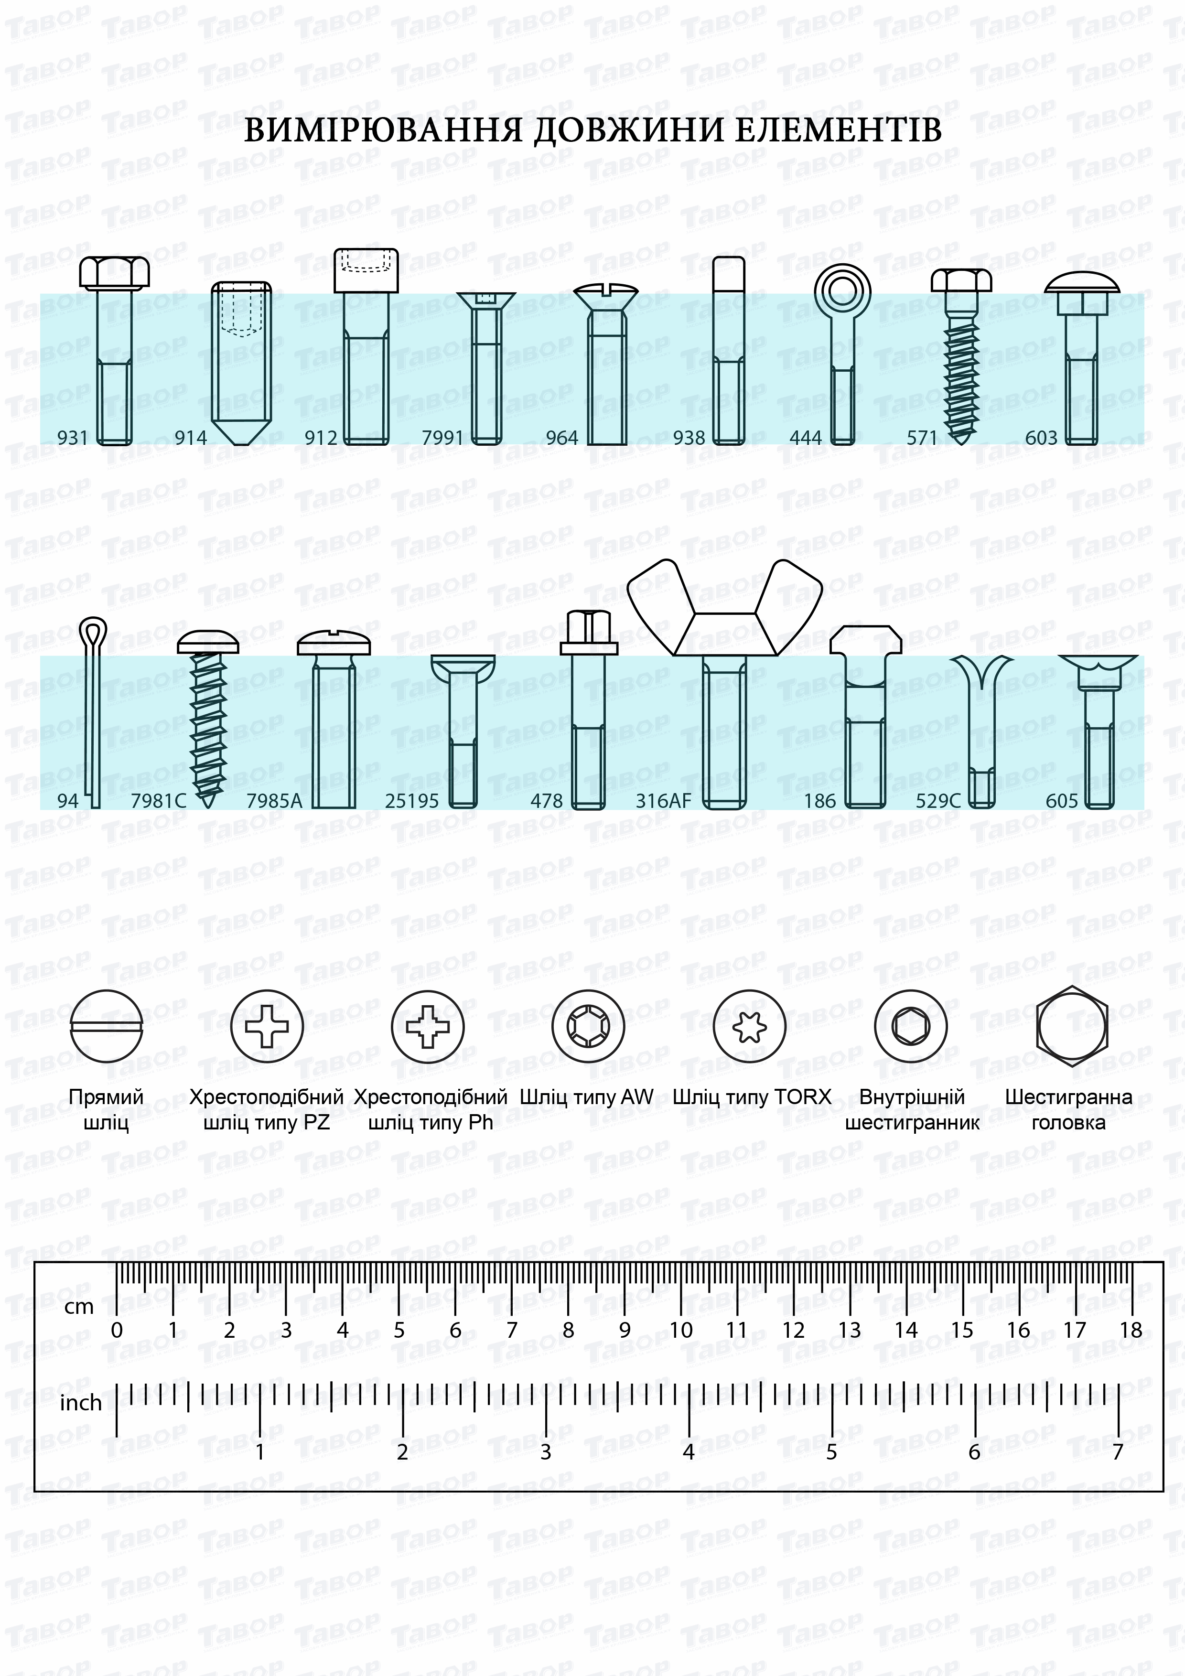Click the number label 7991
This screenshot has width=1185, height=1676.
pos(442,438)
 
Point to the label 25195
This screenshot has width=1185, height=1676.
pos(412,801)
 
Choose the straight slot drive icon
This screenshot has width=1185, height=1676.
pos(107,1026)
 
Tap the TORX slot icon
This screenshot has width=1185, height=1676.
pos(749,1026)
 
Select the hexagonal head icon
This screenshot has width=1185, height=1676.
pos(1072,1026)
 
